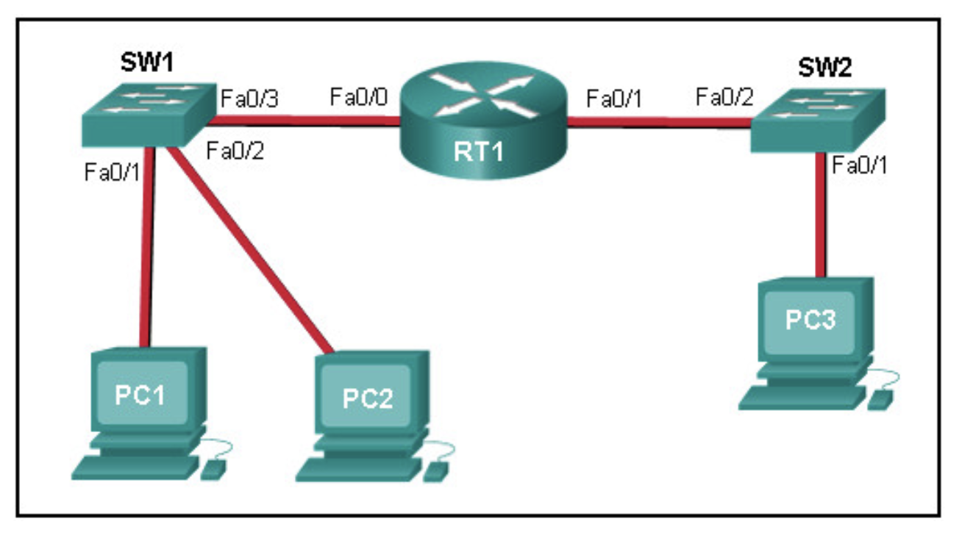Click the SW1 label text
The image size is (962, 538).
pyautogui.click(x=147, y=62)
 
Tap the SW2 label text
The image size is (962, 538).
pyautogui.click(x=824, y=68)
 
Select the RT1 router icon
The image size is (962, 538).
pyautogui.click(x=484, y=121)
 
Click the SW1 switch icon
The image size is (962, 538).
pyautogui.click(x=149, y=115)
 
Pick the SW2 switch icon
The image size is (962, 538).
pyautogui.click(x=818, y=120)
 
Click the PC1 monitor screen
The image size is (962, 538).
pyautogui.click(x=142, y=393)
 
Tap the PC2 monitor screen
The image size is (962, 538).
pyautogui.click(x=366, y=396)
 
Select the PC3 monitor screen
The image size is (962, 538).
pyautogui.click(x=809, y=323)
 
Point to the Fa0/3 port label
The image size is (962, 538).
pyautogui.click(x=249, y=98)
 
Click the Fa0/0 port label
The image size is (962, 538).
pyautogui.click(x=359, y=96)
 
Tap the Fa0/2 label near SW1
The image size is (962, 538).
pyautogui.click(x=235, y=151)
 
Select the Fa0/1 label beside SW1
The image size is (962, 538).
pyautogui.click(x=112, y=172)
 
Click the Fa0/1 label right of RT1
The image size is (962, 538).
pyautogui.click(x=614, y=98)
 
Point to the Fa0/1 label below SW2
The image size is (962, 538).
pyautogui.click(x=859, y=165)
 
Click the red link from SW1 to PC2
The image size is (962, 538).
pyautogui.click(x=249, y=250)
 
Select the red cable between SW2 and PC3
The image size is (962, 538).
pyautogui.click(x=820, y=215)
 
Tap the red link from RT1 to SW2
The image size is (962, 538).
pyautogui.click(x=659, y=122)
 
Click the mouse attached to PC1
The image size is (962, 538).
pyautogui.click(x=213, y=470)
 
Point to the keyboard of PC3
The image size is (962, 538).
pyautogui.click(x=802, y=398)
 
